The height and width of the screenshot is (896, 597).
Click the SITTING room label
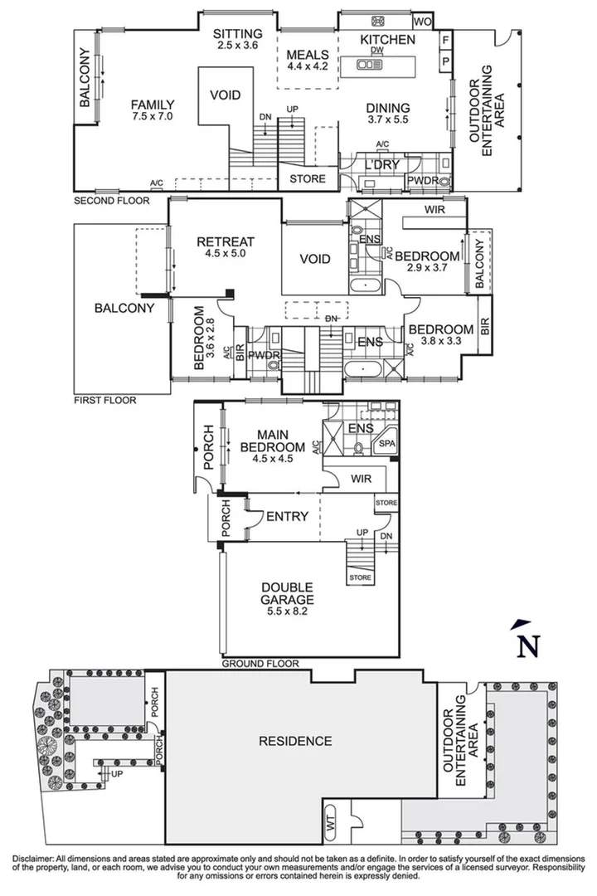click(237, 33)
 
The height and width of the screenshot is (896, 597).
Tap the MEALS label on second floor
click(307, 55)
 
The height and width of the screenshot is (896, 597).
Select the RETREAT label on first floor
click(226, 241)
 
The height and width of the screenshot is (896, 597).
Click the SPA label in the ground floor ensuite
click(386, 446)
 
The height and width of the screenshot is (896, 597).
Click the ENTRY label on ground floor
click(287, 516)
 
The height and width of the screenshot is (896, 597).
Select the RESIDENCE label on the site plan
click(294, 741)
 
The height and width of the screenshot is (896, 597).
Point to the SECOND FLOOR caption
click(112, 201)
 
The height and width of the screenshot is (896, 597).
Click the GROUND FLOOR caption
click(260, 664)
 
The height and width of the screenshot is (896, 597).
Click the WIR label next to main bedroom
click(361, 479)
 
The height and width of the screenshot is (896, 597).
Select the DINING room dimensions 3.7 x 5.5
click(388, 121)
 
